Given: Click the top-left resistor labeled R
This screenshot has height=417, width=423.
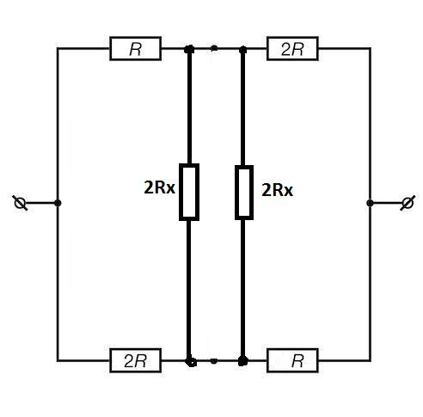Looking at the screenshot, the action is (135, 49).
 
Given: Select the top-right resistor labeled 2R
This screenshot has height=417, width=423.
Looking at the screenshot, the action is (292, 49).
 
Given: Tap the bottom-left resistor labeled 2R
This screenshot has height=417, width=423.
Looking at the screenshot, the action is (135, 360).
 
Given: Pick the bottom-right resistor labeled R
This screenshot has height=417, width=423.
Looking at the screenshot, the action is (292, 360).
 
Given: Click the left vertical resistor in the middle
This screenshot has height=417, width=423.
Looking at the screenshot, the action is (189, 192).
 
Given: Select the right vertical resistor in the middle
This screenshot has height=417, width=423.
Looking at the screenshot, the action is (244, 193).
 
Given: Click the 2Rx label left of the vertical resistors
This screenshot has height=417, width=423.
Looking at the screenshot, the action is (159, 188).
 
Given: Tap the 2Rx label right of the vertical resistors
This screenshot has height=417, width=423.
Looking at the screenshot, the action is (277, 190).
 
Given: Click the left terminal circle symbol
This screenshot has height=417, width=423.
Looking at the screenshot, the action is (20, 203).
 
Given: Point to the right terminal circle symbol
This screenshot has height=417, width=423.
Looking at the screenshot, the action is (408, 203).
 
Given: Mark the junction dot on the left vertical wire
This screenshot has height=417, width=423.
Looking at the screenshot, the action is (58, 203).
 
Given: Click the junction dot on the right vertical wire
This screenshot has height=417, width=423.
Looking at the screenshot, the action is (370, 203).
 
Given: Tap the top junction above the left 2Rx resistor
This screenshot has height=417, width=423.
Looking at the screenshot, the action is (189, 49).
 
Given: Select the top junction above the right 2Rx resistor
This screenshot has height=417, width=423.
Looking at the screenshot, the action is (243, 50).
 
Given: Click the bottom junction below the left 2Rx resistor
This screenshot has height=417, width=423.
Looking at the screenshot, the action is (190, 361).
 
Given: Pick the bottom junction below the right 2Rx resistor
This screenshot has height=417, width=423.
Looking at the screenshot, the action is (243, 361).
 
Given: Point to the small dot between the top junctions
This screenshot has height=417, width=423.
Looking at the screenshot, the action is (214, 48).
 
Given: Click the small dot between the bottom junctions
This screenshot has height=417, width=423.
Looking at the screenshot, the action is (213, 361).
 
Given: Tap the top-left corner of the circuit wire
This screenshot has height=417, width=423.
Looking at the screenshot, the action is (58, 49).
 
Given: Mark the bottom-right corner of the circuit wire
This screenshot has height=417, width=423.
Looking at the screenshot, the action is (371, 360).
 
